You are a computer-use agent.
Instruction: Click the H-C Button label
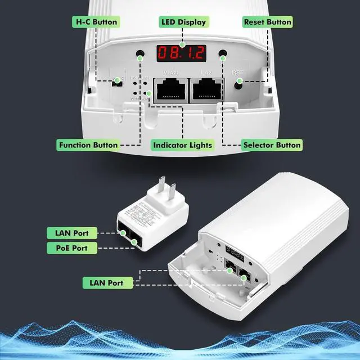[x=96, y=22]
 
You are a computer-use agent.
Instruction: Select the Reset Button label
[x=267, y=22]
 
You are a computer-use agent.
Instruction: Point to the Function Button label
[x=88, y=145]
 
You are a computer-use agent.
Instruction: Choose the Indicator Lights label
[x=183, y=145]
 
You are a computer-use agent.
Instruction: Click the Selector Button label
[x=272, y=145]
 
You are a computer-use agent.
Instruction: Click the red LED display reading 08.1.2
[x=181, y=53]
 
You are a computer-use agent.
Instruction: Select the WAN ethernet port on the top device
[x=171, y=91]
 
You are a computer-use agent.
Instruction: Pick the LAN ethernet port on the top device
[x=206, y=91]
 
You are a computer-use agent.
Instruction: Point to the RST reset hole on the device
[x=239, y=82]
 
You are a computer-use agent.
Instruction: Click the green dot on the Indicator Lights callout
[x=148, y=93]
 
